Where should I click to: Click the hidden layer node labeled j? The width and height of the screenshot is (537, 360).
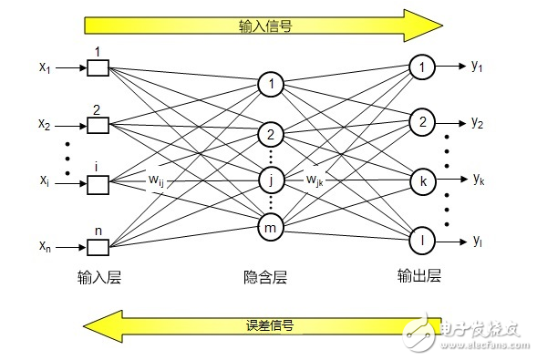pos(271,180)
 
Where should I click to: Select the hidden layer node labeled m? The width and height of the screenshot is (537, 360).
pos(271,227)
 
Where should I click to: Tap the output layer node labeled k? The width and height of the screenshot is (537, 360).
pos(423,181)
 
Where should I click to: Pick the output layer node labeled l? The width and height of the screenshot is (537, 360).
pos(423,241)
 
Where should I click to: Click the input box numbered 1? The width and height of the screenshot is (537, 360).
pos(98,67)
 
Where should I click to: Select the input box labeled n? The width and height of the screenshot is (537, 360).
pos(98,247)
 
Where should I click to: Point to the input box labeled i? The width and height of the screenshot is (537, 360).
pos(98,185)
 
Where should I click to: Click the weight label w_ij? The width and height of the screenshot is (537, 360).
pos(156,180)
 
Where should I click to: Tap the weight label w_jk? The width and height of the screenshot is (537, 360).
pos(315,180)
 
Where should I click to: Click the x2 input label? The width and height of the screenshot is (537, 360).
pos(45,124)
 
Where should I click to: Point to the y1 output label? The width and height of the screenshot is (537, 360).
pos(477,66)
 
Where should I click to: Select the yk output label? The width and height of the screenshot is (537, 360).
pos(479,179)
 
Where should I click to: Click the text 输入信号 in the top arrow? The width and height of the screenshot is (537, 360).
pos(265,26)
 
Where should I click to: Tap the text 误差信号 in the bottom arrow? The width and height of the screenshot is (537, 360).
pos(270,325)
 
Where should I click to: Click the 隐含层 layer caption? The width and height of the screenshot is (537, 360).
pos(265,277)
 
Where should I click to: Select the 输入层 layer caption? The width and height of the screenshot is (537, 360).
pos(99,277)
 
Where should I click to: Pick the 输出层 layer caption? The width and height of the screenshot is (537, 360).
pos(418,275)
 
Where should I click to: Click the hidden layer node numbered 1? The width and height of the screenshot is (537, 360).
pos(271,85)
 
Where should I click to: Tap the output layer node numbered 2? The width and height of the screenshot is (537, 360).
pos(423,122)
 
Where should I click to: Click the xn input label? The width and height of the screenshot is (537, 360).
pos(45,246)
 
